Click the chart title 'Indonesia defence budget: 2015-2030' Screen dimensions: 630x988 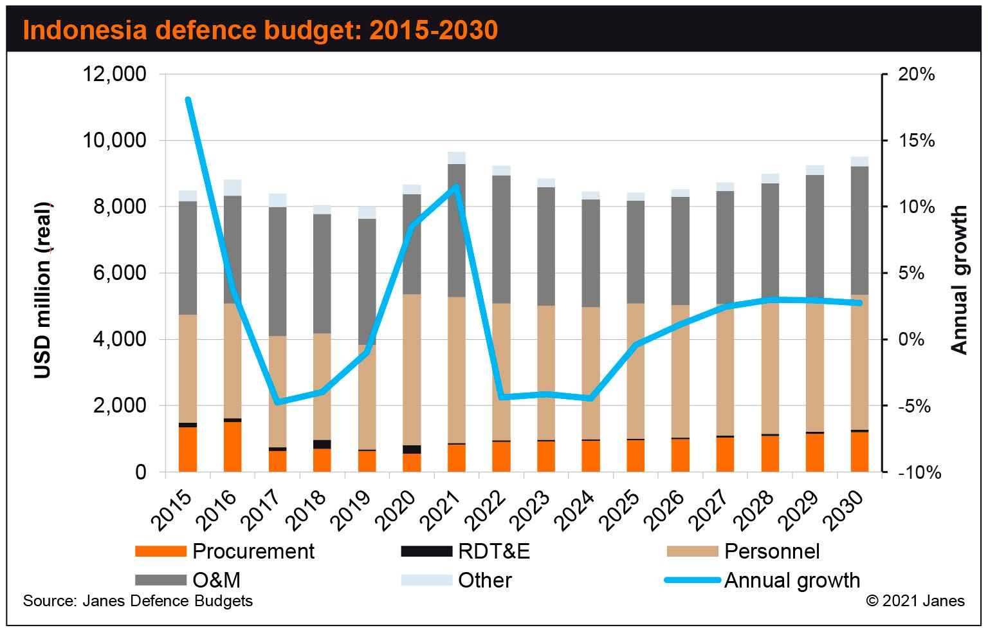tap(260, 30)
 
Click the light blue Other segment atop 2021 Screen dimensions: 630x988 tap(457, 158)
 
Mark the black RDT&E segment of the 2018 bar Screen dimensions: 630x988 tap(322, 444)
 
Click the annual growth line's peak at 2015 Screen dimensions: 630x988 tap(188, 100)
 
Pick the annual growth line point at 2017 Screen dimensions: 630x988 tap(277, 403)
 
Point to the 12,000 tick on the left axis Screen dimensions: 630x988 tap(115, 74)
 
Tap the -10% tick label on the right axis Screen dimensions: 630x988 tap(919, 473)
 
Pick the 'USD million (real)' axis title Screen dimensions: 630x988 tap(43, 290)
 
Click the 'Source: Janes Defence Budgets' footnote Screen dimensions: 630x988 tap(138, 601)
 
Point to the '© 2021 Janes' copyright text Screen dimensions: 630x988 tap(915, 601)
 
